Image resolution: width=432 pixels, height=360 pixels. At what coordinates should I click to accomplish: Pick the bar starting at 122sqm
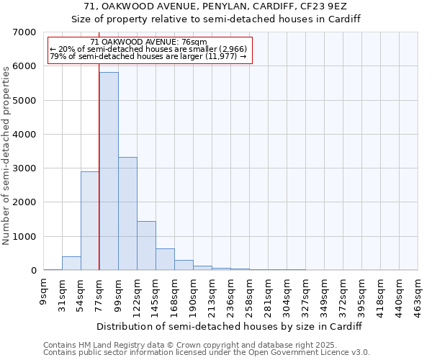(x=146, y=246)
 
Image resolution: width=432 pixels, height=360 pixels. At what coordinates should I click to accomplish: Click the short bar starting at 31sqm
(x=71, y=264)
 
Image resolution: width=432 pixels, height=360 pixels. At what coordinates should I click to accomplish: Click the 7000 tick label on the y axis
(x=24, y=32)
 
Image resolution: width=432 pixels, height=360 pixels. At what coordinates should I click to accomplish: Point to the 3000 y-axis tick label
(x=24, y=168)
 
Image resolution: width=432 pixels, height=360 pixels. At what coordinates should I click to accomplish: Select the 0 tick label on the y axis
(x=33, y=271)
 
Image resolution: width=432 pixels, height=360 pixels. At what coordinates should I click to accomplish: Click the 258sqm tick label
(x=250, y=292)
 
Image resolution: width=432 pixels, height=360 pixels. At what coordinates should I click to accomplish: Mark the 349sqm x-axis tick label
(x=325, y=292)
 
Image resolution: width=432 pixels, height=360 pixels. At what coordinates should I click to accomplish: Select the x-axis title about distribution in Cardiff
(x=230, y=326)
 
